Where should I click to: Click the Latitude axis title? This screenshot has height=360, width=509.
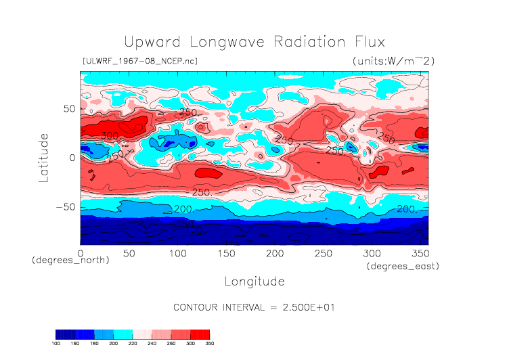coord(44,157)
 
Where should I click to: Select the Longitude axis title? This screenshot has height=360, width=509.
coord(255,281)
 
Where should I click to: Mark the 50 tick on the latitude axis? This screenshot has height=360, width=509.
coord(68,108)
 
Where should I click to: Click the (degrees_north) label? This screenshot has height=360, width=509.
coord(70,261)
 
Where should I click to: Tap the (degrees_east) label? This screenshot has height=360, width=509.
coord(403,267)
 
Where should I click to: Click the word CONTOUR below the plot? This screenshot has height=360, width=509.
coord(196,307)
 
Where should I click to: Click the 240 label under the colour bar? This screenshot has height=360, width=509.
coord(158,344)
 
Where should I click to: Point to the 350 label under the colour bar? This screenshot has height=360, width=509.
coord(209,344)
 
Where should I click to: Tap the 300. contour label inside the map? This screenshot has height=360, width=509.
coord(109,136)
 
